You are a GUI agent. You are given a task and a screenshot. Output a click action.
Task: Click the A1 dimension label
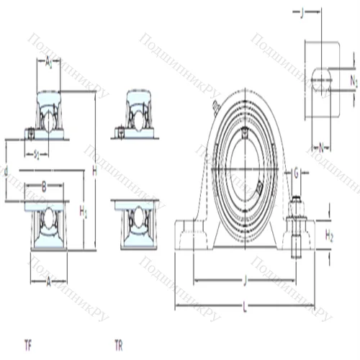pyautogui.click(x=48, y=63)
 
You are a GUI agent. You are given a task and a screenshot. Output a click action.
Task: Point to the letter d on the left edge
pyautogui.click(x=6, y=171)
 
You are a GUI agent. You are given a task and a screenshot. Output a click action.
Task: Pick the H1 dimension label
pyautogui.click(x=84, y=211)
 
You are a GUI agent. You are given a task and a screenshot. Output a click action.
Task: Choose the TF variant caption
pyautogui.click(x=27, y=343)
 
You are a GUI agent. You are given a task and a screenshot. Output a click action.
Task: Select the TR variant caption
pyautogui.click(x=119, y=343)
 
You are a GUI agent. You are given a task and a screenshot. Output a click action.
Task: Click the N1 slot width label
pyautogui.click(x=353, y=81)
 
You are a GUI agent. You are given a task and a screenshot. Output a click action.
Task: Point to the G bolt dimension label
pyautogui.click(x=295, y=174)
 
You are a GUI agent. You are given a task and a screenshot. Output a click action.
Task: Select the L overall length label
pyautogui.click(x=245, y=307)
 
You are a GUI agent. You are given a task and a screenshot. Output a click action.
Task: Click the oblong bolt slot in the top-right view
pyautogui.click(x=321, y=79)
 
